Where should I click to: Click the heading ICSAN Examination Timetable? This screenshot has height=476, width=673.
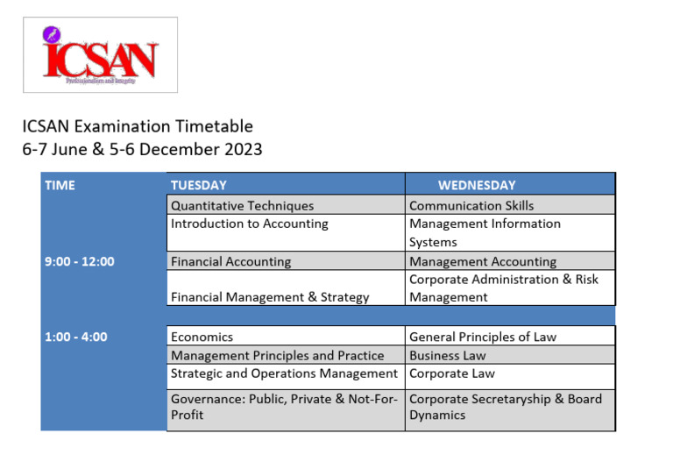click(138, 126)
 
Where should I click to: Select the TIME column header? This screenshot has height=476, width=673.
click(60, 185)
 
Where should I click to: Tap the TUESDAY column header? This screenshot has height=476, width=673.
click(199, 185)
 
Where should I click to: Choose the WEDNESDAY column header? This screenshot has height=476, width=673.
click(477, 185)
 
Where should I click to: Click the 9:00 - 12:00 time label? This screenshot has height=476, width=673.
click(79, 261)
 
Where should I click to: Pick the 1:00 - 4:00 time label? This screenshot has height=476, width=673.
click(75, 337)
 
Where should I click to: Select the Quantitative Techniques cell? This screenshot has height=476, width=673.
click(242, 206)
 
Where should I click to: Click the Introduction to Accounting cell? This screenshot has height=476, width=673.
click(249, 224)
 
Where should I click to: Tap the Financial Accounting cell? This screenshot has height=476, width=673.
click(230, 261)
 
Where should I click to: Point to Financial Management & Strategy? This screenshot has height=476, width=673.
click(270, 297)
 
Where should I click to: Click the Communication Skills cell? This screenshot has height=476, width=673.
click(471, 206)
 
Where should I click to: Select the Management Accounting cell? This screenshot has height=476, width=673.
click(483, 261)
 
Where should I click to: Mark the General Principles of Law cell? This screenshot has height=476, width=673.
click(483, 337)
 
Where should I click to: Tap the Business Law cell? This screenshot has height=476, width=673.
click(447, 356)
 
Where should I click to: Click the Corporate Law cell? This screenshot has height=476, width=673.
click(452, 373)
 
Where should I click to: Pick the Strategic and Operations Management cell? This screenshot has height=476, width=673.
click(284, 373)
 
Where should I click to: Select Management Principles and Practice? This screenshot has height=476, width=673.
click(277, 356)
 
